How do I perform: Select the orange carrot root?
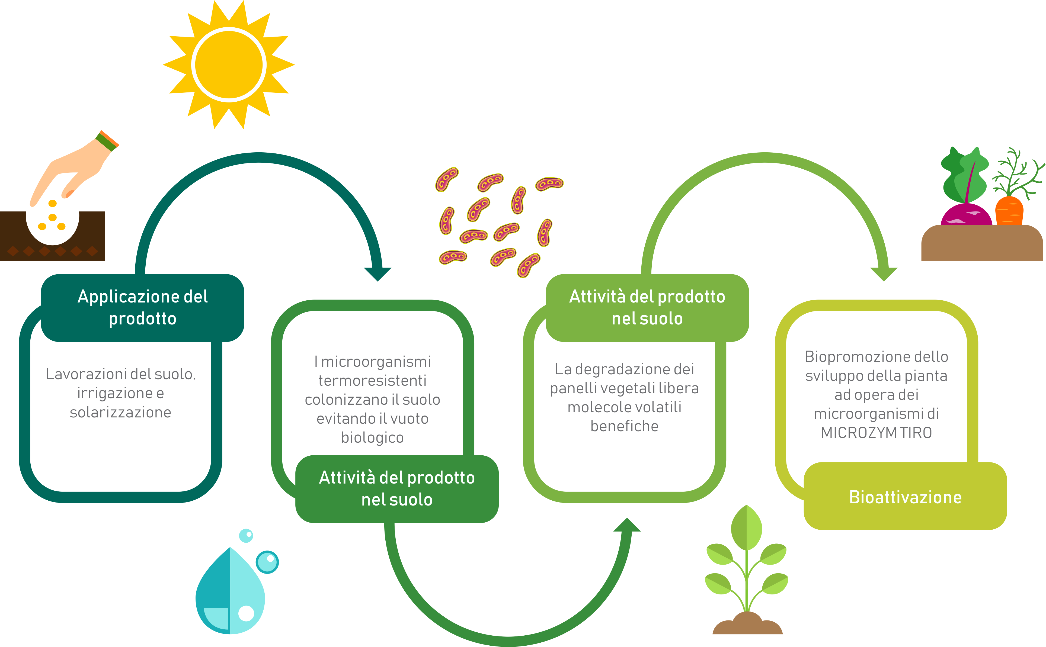[x=1009, y=211]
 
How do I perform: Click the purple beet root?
[x=966, y=215]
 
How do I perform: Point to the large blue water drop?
[x=230, y=591]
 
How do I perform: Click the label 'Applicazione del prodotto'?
[x=143, y=307]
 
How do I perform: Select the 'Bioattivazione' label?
[x=905, y=497]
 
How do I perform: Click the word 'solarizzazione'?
[x=120, y=412]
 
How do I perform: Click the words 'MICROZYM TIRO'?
[x=876, y=433]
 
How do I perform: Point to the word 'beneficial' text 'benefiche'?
[x=624, y=426]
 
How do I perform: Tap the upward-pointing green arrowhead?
[x=627, y=525]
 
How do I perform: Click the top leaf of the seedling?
[x=746, y=528]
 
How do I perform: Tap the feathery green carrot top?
[x=1017, y=173]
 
